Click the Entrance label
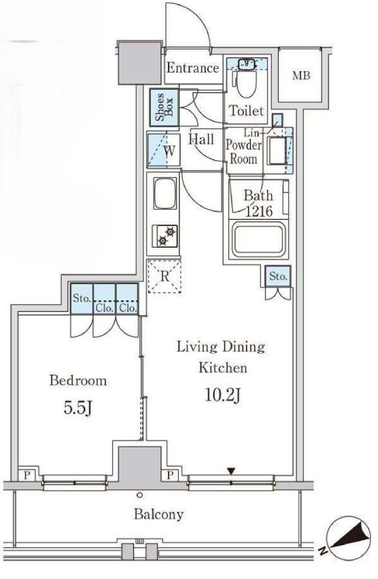click(x=193, y=68)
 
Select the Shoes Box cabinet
click(x=164, y=107)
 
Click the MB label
click(x=301, y=76)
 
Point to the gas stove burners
click(x=165, y=236)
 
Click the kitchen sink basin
click(x=165, y=194)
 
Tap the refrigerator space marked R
click(x=164, y=276)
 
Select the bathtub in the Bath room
click(x=259, y=240)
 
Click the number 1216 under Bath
click(x=259, y=211)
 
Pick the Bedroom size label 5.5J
click(x=77, y=408)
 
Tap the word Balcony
click(x=159, y=515)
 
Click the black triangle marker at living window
click(x=231, y=471)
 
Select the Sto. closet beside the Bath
click(x=278, y=276)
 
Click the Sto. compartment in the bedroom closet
click(x=81, y=299)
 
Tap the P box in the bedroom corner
click(x=26, y=475)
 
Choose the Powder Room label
click(x=243, y=152)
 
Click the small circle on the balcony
click(x=139, y=495)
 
